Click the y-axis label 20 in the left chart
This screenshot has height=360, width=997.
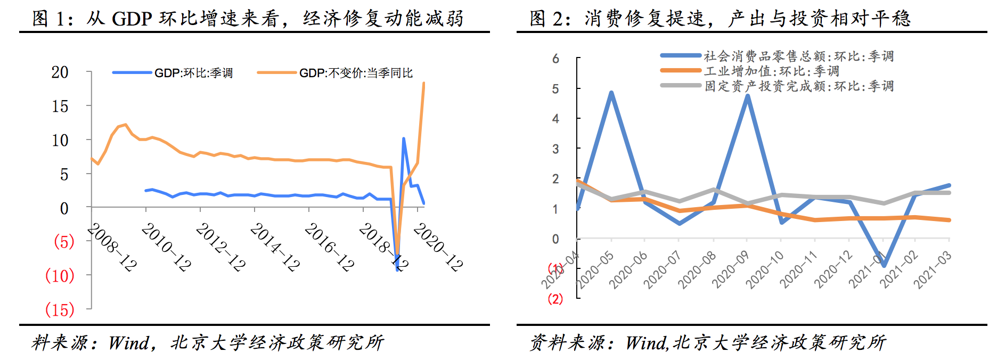(x=60, y=72)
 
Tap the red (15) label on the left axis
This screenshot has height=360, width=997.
(x=60, y=309)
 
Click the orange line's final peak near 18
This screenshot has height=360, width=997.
(x=423, y=83)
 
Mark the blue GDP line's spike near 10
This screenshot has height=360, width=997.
(x=404, y=139)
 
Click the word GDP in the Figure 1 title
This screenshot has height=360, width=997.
(x=132, y=19)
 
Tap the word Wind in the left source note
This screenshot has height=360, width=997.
(x=129, y=343)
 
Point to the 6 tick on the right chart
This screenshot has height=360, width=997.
(x=555, y=59)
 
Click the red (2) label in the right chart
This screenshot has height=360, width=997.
(x=555, y=299)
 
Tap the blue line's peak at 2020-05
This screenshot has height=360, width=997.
(x=611, y=93)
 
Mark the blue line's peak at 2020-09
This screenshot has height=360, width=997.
(x=748, y=96)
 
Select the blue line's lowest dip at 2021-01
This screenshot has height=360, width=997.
(x=884, y=265)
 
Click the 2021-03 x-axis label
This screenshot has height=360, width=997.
(x=933, y=271)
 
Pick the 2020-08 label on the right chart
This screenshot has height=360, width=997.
(x=697, y=271)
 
